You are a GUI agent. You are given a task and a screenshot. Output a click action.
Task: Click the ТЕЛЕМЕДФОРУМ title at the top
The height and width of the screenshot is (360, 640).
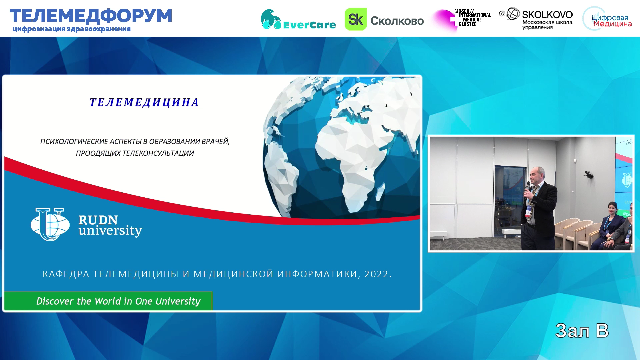tap(91, 16)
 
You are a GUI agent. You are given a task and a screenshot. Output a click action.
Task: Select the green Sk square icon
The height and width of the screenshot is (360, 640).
tap(355, 19)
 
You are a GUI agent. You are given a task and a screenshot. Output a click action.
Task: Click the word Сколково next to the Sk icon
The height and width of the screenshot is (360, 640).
tap(397, 21)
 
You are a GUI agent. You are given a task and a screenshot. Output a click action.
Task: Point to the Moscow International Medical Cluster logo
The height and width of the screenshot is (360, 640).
tap(462, 19)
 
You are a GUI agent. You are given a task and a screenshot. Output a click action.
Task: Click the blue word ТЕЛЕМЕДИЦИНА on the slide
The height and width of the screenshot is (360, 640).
tap(144, 102)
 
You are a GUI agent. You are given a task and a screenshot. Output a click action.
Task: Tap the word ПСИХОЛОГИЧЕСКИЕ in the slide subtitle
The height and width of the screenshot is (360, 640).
tap(74, 142)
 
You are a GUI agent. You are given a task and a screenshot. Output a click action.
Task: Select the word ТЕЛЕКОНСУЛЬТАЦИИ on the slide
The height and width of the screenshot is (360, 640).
tap(158, 153)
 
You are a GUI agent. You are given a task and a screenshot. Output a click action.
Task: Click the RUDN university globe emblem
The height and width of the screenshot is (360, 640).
tap(50, 224)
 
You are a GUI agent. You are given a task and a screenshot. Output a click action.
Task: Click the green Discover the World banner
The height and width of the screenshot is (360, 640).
tap(108, 301)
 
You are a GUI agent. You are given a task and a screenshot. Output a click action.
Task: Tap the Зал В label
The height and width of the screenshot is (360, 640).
tap(582, 331)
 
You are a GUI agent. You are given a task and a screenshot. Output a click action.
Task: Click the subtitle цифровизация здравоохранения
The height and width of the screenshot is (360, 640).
tap(72, 29)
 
